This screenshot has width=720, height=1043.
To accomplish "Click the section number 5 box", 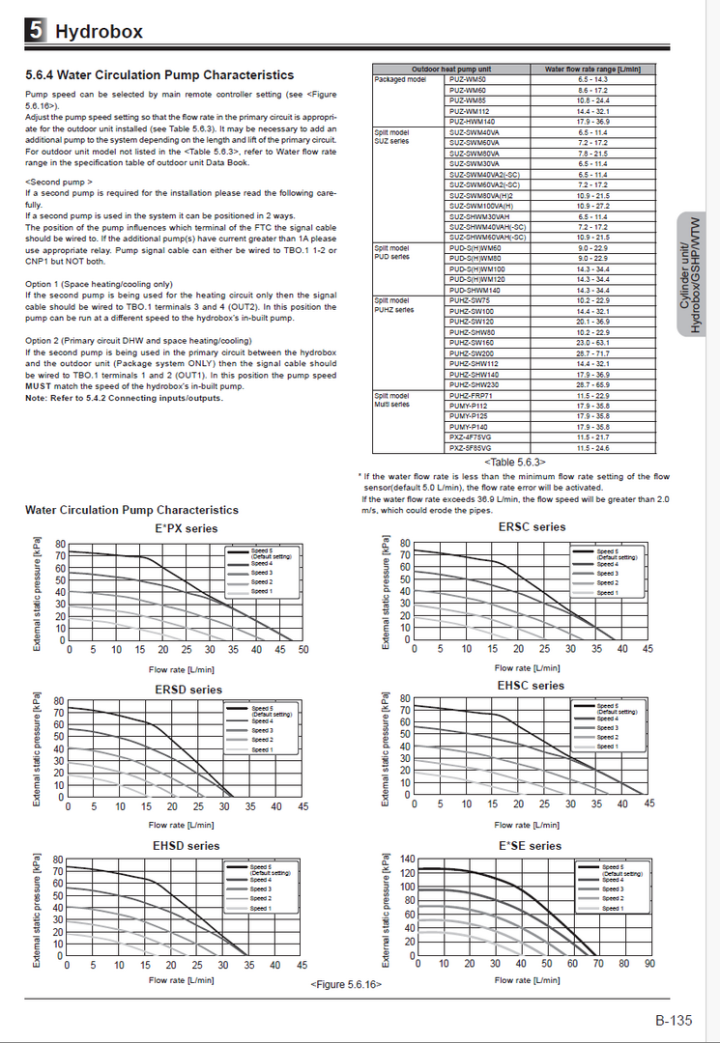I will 36,31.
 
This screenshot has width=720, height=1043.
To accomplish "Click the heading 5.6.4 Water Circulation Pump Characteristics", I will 159,74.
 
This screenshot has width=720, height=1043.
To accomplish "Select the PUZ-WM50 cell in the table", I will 467,79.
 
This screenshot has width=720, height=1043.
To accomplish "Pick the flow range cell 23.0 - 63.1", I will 593,342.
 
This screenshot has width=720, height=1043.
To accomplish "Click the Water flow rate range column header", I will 593,70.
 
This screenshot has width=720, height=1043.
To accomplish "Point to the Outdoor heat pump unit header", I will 450,70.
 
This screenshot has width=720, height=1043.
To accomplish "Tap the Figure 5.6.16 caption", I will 346,983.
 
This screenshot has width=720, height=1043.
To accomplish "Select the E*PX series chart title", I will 187,528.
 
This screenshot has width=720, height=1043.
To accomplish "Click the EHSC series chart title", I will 531,685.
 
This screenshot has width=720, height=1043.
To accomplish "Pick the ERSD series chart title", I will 187,690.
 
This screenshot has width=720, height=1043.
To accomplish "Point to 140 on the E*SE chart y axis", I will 407,860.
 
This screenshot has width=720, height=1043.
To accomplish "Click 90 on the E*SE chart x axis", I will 649,964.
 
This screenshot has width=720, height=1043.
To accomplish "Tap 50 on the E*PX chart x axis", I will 303,650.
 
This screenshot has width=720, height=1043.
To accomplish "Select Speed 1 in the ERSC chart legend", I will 607,592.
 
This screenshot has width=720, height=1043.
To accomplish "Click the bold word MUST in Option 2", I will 42,385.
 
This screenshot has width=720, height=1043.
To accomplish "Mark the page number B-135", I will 674,1020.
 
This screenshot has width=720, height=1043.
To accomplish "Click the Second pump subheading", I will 59,181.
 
